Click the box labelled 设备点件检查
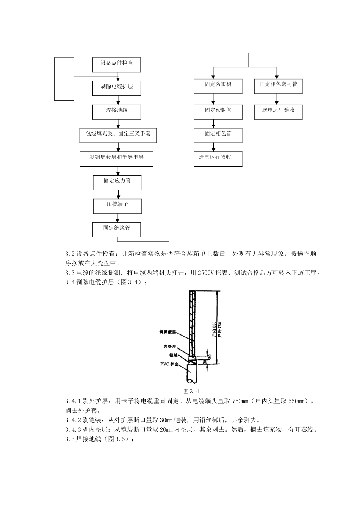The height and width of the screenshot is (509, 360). point(117,64)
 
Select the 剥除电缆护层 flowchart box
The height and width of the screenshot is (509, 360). point(117,88)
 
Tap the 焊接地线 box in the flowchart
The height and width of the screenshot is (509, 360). point(117,111)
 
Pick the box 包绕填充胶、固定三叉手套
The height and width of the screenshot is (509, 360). point(118,135)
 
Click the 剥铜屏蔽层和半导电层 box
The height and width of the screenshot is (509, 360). point(116,159)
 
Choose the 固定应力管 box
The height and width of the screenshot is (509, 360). point(117,182)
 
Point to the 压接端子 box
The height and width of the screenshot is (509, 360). point(117,206)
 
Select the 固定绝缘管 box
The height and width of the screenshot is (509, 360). point(117,230)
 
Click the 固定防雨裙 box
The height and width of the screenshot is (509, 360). point(218,86)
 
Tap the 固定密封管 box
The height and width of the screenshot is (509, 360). point(218,111)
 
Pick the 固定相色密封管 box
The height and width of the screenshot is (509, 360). point(278,86)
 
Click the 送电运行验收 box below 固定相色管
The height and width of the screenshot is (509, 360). point(218,158)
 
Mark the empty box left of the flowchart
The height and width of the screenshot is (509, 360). point(64,79)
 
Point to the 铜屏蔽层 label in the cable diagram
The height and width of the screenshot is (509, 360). point(167,332)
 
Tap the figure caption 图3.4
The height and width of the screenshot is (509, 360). point(191,391)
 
